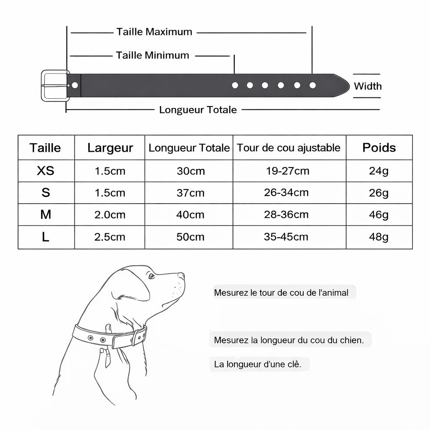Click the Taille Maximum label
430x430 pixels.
(x=154, y=32)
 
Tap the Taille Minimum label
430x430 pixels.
(x=152, y=55)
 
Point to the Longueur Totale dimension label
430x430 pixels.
(x=198, y=110)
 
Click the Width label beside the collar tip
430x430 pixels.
(x=367, y=87)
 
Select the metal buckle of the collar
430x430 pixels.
(x=54, y=85)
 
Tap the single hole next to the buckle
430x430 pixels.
(x=75, y=85)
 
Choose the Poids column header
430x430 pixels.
(x=379, y=148)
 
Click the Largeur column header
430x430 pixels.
(x=110, y=148)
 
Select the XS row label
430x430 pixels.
(x=46, y=171)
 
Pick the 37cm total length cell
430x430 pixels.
(x=190, y=193)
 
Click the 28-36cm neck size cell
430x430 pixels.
(x=286, y=215)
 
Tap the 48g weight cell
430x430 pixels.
(x=378, y=237)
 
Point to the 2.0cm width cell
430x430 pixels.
(x=110, y=215)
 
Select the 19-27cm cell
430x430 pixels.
(x=288, y=171)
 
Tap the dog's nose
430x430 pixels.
(x=181, y=276)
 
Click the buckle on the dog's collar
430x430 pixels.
(x=139, y=336)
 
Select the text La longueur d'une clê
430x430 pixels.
(x=257, y=364)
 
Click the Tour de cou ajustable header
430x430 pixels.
(x=288, y=148)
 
